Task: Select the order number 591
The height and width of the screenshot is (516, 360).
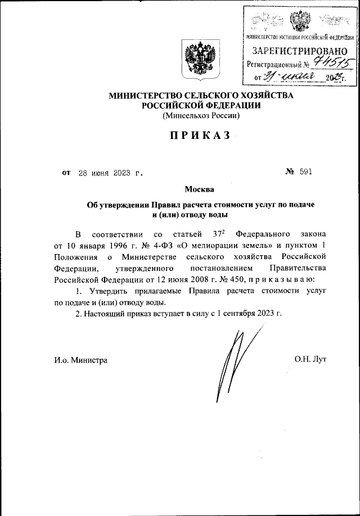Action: (305, 173)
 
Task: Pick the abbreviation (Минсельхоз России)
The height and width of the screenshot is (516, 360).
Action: (201, 116)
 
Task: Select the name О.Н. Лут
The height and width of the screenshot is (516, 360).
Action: (310, 359)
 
